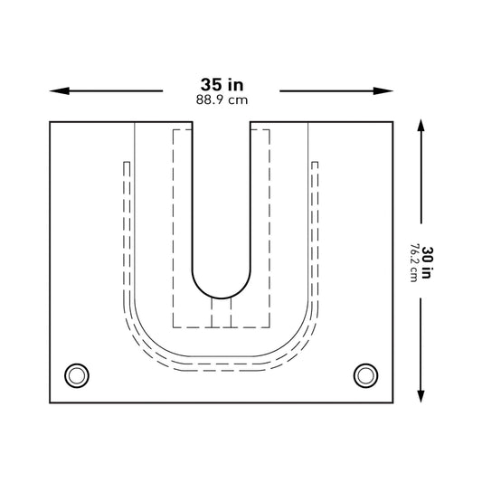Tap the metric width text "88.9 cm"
coord(222,100)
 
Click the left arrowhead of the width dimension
coord(55,90)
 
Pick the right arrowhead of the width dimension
coord(389,90)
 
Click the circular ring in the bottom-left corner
coord(76,374)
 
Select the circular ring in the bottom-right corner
coord(365,374)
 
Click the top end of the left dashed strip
coord(127,163)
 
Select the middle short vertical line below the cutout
coord(222,313)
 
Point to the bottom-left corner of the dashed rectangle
coord(172,326)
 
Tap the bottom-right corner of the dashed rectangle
coord(270,326)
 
